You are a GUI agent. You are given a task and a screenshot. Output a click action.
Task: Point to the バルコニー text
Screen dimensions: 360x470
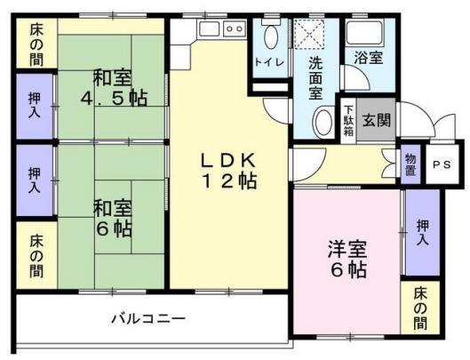148,317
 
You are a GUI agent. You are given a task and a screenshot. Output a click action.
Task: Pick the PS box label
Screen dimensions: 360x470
441,164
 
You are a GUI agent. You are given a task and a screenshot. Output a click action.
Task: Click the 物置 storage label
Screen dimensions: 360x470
410,164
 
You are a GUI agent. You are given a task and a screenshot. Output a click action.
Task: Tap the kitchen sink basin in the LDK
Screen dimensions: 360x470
210,28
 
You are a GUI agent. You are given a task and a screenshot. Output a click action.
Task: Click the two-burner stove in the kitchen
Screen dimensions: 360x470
235,28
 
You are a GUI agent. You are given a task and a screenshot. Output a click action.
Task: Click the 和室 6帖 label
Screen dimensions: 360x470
113,218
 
